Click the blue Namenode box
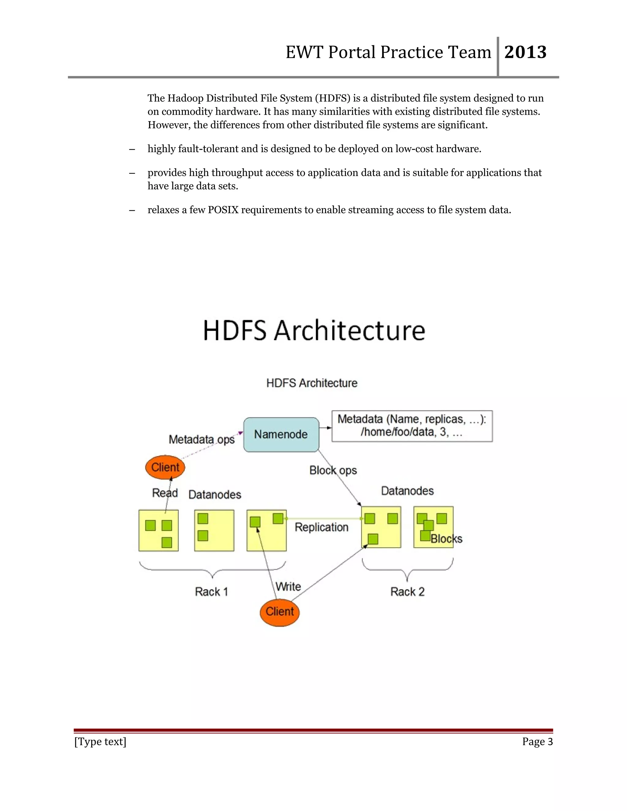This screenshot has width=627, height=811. pos(281,435)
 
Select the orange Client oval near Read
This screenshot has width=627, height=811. pos(165,467)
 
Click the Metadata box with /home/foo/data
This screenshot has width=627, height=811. pos(412,426)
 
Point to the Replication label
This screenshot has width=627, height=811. pos(321,527)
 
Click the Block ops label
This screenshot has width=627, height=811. pos(333,470)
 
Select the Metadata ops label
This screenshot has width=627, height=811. pos(201,440)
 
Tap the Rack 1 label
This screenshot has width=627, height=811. pos(211,592)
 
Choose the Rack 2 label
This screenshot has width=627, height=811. pos(407,592)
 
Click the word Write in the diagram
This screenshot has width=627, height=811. pos(288,587)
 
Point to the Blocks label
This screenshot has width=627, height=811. pos(446,539)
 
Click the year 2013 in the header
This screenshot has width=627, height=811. pos(525,52)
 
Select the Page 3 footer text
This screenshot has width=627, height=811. pos(537,742)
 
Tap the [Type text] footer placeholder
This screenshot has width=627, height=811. pos(100,742)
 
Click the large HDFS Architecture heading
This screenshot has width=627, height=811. pos(314,330)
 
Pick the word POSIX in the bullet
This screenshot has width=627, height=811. pos(223,210)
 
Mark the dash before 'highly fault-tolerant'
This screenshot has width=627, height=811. pos(132,149)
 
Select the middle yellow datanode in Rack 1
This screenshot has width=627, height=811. pos(214,530)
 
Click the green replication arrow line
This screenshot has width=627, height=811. pos(323,518)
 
